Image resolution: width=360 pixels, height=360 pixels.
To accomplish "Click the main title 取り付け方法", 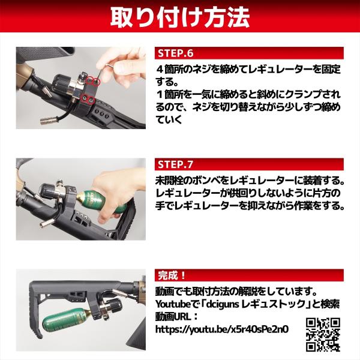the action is tap(180, 17).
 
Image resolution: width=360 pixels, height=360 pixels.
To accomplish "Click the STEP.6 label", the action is tap(176, 53).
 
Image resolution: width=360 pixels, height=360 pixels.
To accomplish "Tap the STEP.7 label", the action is tap(176, 164).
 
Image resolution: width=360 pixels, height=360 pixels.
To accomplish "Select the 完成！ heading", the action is tap(172, 275).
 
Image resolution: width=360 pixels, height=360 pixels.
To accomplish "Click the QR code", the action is tap(323, 335).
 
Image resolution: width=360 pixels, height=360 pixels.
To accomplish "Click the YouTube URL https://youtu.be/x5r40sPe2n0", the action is tap(222, 329).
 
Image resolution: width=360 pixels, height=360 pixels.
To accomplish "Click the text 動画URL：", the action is tap(176, 317).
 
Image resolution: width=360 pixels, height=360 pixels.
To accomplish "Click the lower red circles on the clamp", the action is tap(89, 99).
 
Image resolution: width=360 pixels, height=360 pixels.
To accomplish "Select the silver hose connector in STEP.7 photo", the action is tap(47, 223).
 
